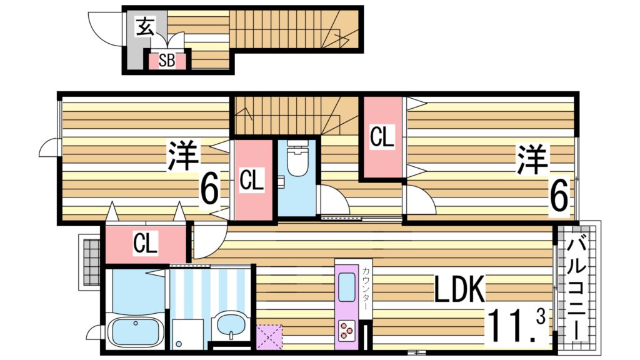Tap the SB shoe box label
click(x=166, y=61)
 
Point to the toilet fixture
click(x=297, y=160)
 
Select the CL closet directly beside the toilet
click(x=253, y=181)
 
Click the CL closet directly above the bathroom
click(x=146, y=244)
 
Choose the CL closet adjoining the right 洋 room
click(x=382, y=137)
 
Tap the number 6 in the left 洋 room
click(x=210, y=189)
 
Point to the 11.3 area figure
click(x=516, y=323)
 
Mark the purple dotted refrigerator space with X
click(x=269, y=336)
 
